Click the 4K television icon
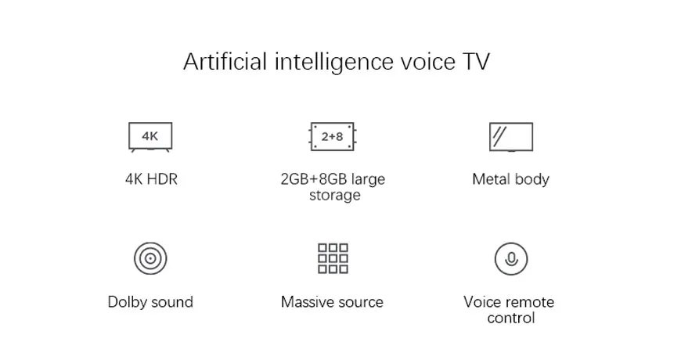point(150,136)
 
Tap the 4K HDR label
point(151,179)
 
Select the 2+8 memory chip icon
point(333,136)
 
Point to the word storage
point(334,195)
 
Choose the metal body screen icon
point(510,136)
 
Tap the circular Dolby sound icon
point(150,257)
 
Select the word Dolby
point(127,302)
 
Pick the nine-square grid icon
point(333,257)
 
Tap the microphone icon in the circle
point(510,257)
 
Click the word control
point(510,318)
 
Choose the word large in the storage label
point(368,179)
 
